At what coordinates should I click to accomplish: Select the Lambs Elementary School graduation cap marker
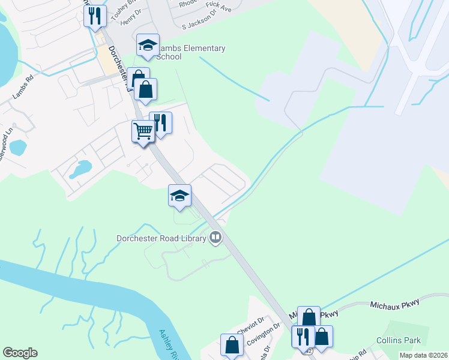(148, 46)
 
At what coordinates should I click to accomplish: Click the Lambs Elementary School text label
(190, 52)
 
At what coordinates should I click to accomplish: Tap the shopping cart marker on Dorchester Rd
(143, 130)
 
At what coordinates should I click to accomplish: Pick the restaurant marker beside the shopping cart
(160, 123)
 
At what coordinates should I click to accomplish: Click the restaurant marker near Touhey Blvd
(95, 16)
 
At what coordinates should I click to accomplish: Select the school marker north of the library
(179, 196)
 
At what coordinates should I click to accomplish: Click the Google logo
(20, 353)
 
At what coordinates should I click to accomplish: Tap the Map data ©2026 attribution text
(424, 355)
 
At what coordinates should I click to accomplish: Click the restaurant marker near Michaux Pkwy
(303, 336)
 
